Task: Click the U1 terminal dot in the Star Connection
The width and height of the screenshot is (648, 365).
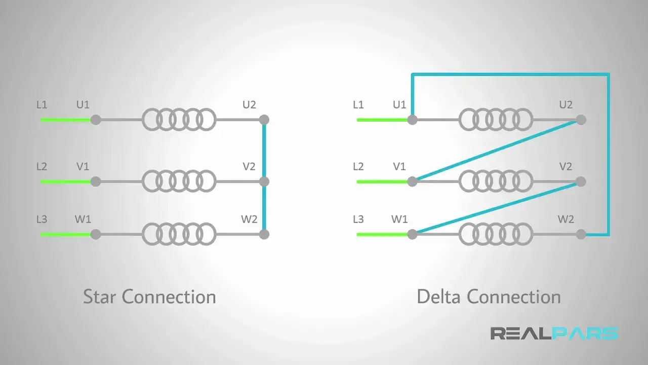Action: coord(95,120)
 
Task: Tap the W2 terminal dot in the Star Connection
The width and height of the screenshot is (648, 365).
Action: coord(264,234)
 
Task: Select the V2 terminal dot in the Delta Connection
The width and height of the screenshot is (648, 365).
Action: coord(581,181)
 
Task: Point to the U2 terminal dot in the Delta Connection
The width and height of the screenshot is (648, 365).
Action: coord(581,120)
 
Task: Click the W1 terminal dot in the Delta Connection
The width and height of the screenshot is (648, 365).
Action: coord(412,234)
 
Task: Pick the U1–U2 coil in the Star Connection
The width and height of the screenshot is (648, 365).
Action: coord(179,120)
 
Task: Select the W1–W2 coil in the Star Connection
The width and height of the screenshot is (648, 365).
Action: coord(179,234)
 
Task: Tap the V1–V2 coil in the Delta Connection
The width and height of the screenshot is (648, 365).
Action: coord(496,181)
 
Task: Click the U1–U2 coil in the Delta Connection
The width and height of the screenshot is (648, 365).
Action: coord(496,120)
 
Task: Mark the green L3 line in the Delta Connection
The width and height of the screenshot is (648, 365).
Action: coord(382,234)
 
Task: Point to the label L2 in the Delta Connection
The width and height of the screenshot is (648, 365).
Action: coord(358,166)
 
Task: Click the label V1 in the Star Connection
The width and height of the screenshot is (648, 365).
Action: coord(83,166)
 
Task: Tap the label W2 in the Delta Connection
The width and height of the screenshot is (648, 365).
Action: coord(565,220)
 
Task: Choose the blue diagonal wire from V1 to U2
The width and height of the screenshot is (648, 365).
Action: coord(496,151)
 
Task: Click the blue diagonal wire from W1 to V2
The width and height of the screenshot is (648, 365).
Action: coord(496,208)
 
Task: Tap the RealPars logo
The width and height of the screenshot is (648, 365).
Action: coord(554,334)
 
